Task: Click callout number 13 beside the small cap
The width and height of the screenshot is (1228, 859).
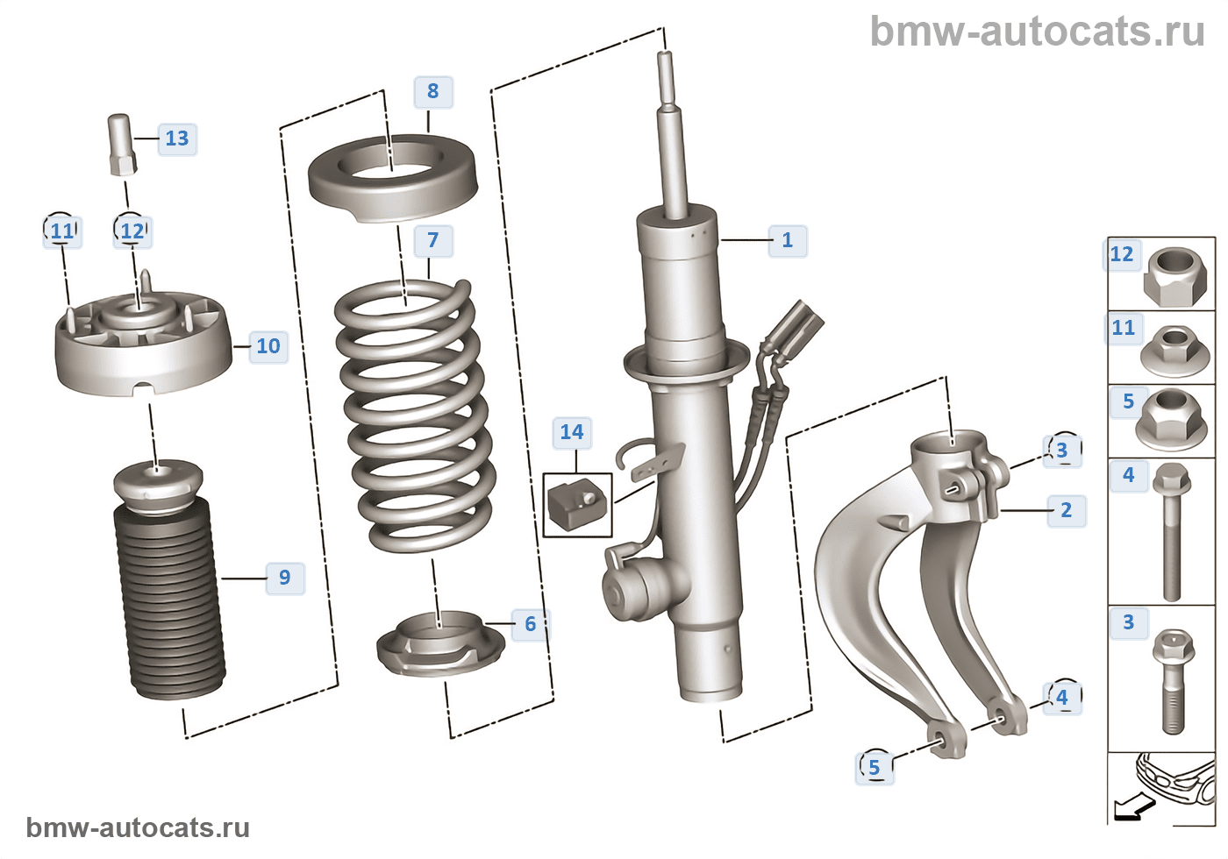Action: pos(177,138)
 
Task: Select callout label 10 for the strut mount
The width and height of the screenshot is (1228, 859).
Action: pos(268,346)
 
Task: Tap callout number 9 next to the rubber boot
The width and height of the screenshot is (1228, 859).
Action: pos(285,578)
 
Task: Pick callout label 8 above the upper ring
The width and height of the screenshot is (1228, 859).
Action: pos(433,91)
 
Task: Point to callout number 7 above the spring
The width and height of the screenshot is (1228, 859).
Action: pos(433,240)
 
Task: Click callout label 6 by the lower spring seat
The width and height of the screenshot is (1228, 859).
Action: pos(531,624)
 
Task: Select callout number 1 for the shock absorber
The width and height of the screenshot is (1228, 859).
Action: pos(788,240)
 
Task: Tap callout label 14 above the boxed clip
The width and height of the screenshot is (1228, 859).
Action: pos(572,432)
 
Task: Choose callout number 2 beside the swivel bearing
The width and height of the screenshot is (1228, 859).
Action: pos(1067,510)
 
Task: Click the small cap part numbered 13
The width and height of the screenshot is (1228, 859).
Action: pos(121,144)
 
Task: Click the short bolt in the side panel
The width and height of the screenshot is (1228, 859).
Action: pos(1172,679)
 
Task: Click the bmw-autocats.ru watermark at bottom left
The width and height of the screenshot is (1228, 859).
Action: pos(138,827)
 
